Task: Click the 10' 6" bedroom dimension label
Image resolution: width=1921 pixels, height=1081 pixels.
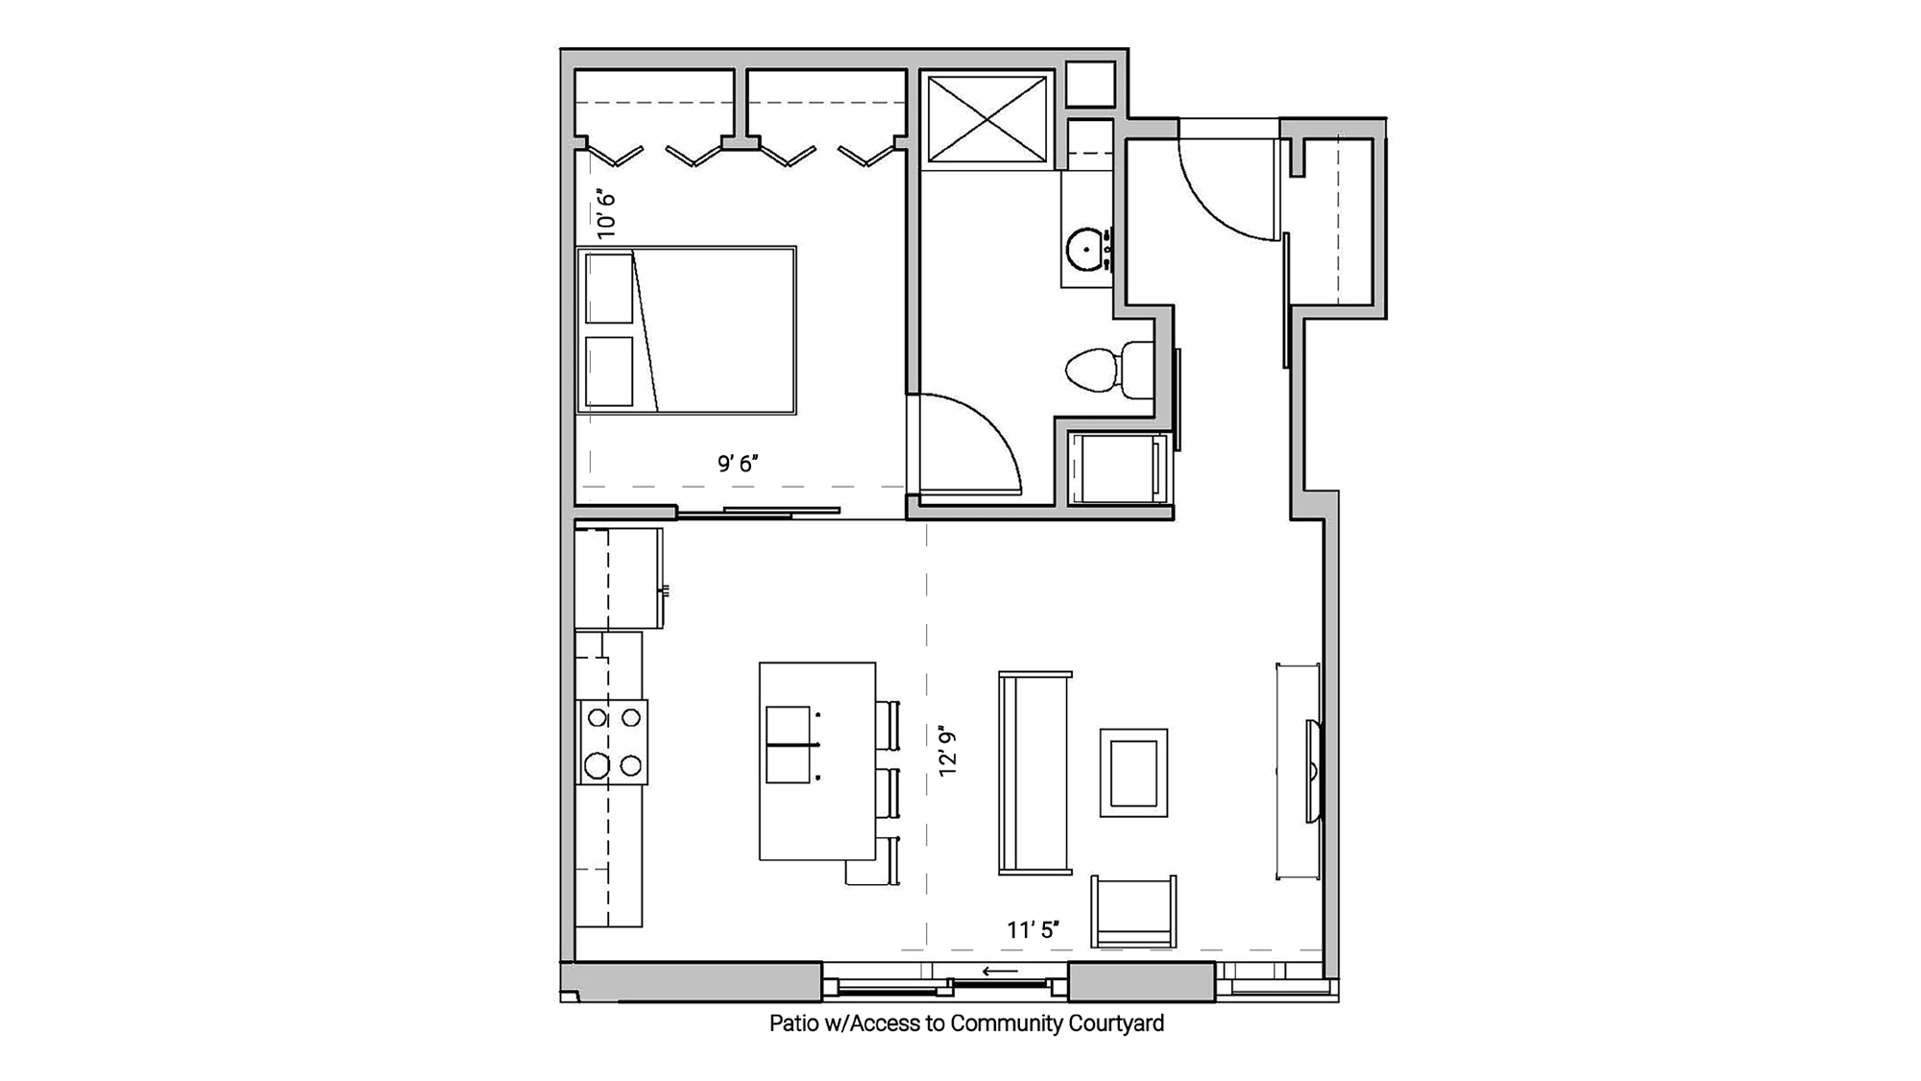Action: click(604, 213)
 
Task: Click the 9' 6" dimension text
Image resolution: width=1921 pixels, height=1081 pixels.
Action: click(738, 464)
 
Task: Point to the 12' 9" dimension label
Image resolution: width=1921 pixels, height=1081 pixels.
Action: click(948, 751)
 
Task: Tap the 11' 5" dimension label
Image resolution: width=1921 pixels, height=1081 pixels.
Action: click(1033, 929)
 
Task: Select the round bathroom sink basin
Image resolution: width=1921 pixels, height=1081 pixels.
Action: click(1086, 249)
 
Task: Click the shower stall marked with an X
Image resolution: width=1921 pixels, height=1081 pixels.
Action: click(986, 120)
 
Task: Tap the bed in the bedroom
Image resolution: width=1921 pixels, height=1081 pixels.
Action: click(687, 330)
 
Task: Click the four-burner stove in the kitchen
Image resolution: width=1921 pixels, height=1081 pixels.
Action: click(613, 742)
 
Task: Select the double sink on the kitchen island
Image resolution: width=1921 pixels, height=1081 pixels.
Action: click(790, 745)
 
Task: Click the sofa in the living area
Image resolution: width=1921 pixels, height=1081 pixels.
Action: click(1034, 773)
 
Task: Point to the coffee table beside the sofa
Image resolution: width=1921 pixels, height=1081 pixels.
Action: click(1133, 773)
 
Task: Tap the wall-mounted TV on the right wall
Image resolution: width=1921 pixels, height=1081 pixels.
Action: click(1313, 771)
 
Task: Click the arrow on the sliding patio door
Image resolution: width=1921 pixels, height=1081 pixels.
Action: click(1000, 972)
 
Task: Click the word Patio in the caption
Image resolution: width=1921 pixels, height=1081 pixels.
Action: click(794, 1023)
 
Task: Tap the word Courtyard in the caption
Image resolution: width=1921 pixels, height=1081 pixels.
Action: click(1116, 1023)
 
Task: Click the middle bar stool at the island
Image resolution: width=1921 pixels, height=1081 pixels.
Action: click(888, 792)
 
